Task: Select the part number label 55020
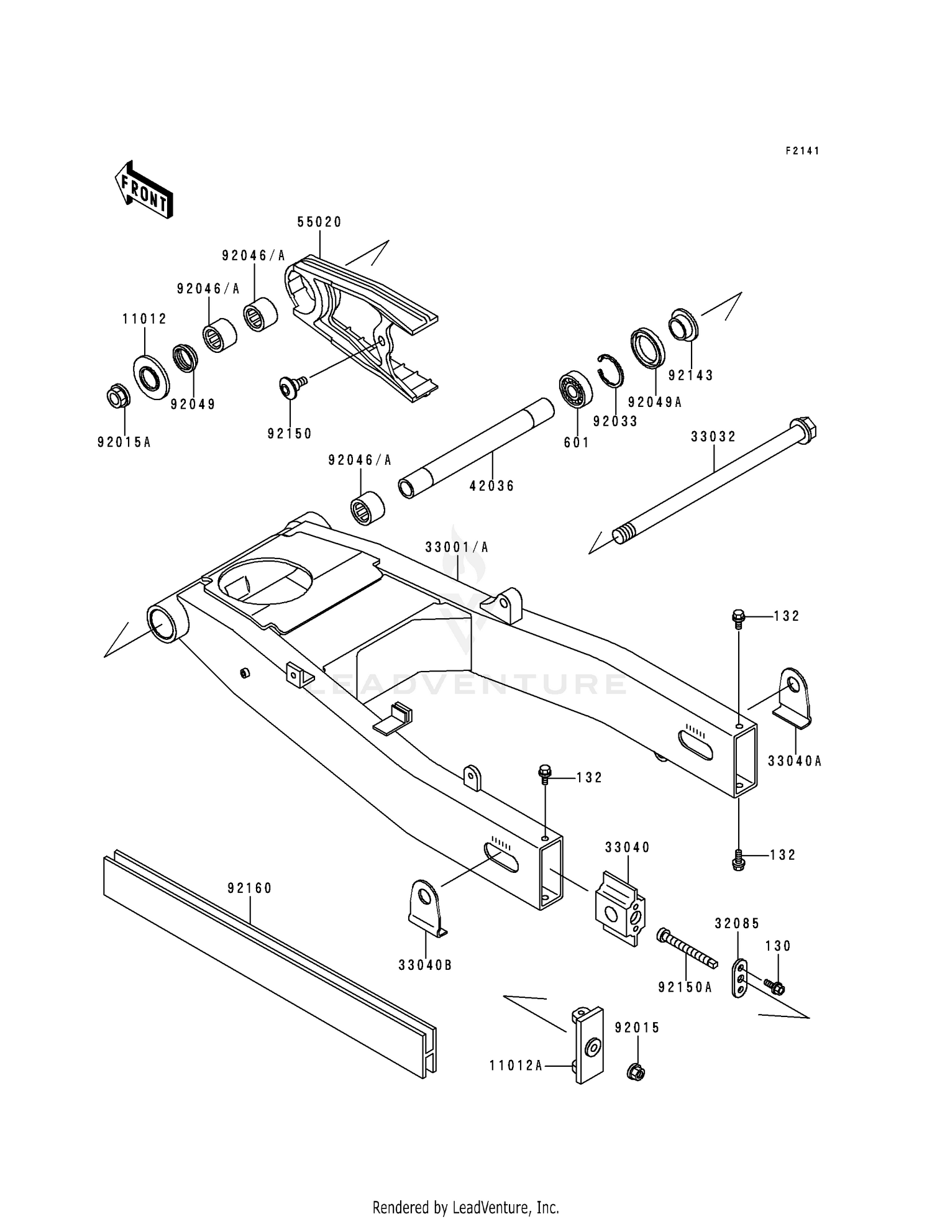[x=319, y=222]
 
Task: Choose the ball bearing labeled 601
[x=575, y=390]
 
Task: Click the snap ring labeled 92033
[x=611, y=371]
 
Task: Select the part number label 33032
[x=713, y=437]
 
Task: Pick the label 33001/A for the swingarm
[x=457, y=547]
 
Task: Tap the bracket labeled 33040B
[x=426, y=907]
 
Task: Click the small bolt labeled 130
[x=775, y=986]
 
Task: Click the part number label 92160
[x=250, y=888]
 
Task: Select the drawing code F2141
[x=802, y=151]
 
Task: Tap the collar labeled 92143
[x=683, y=324]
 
